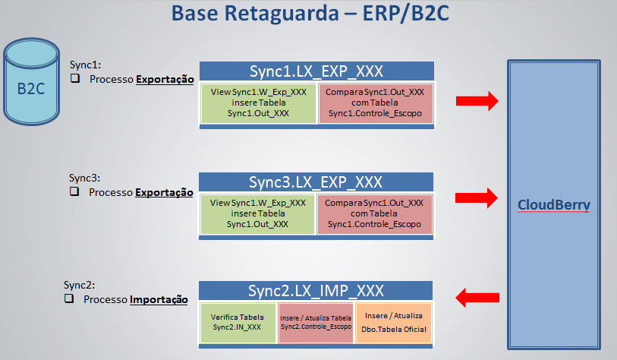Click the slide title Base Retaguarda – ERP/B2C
coord(307,14)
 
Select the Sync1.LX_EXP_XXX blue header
coord(316,71)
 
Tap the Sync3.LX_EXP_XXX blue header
coord(316,182)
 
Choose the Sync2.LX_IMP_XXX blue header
coord(316,291)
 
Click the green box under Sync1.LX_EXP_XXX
coord(258,102)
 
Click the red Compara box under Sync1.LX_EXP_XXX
coord(374,102)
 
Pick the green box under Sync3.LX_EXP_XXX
coord(258,213)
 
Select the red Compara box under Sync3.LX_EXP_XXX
coord(374,213)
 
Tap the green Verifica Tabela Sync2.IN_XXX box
coord(238,321)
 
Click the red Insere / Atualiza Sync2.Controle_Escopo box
coord(316,321)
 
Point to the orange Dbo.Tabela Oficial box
coord(393,321)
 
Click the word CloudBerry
coord(554,205)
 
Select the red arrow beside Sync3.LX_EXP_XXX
coord(476,197)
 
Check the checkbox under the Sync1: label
coord(75,79)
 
